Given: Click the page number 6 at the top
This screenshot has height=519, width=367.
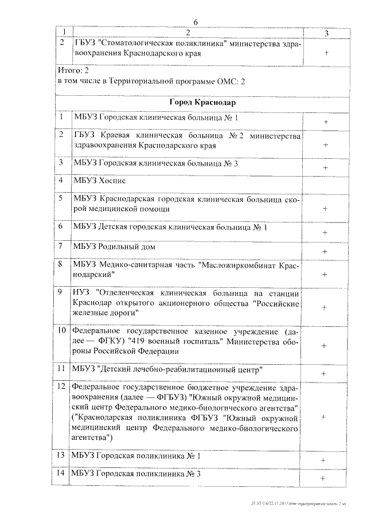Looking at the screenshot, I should coord(195,22).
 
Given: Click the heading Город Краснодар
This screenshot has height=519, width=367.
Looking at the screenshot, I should coord(196,102).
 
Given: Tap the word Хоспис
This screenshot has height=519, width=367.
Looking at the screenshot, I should coord(113,179).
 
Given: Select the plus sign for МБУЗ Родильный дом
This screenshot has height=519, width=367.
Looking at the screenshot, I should coord(325,252).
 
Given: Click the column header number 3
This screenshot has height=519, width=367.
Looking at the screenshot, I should coord(326,33).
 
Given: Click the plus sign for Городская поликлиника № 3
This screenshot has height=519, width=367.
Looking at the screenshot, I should coord(324,478).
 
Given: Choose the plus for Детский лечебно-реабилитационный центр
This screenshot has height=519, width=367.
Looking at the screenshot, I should coord(324,373).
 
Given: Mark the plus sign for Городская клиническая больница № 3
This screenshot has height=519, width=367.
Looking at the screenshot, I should coord(325,167).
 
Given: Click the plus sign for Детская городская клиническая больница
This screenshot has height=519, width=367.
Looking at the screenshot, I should coord(325,232).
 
